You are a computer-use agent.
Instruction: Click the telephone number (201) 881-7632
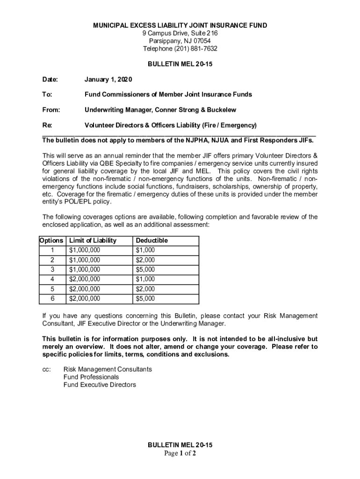[195, 49]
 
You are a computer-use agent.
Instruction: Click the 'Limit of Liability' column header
[93, 240]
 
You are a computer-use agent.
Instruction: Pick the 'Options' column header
[51, 240]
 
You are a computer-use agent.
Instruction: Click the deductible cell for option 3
[145, 269]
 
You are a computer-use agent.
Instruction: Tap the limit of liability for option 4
[84, 279]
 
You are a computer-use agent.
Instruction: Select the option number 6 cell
[52, 298]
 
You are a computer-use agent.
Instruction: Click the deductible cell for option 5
[145, 289]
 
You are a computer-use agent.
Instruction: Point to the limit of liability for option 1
[84, 250]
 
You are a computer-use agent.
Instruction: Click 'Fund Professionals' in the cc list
[91, 377]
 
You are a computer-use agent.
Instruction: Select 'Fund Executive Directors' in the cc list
[100, 385]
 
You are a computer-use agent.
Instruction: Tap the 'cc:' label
[46, 369]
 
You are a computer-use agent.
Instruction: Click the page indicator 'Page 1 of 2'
[180, 453]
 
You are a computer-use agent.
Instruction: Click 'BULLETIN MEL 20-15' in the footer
[180, 445]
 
